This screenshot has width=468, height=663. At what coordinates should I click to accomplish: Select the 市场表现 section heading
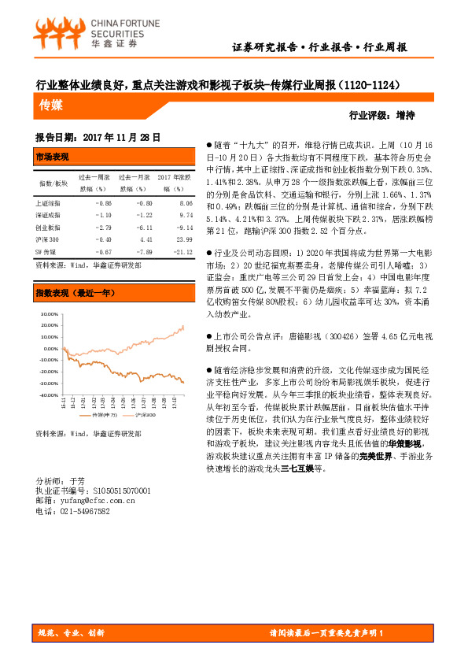click(53, 157)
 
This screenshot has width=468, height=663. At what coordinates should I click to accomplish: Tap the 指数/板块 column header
click(53, 183)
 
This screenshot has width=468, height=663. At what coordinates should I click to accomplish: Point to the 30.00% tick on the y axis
click(49, 313)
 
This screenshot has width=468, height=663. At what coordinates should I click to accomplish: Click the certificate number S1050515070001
click(116, 490)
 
